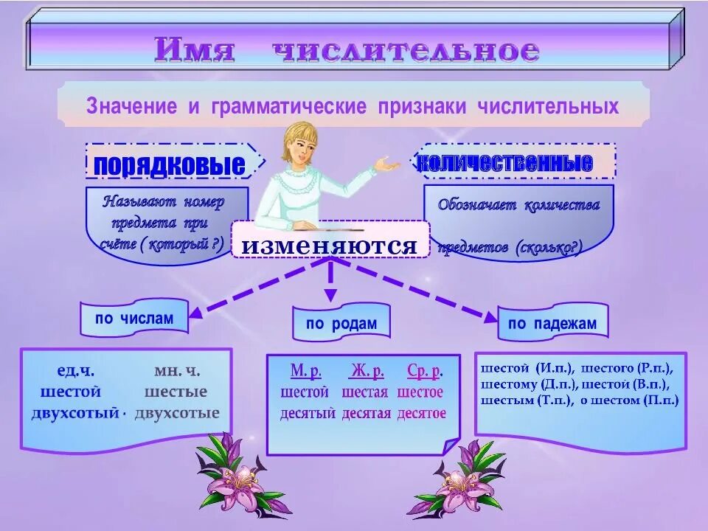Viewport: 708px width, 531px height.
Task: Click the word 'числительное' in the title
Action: click(406, 51)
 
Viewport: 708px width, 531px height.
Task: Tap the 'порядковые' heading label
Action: click(169, 164)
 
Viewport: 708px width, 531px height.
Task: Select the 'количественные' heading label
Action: click(505, 162)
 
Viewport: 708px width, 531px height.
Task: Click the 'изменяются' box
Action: click(330, 245)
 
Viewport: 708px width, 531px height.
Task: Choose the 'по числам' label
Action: click(134, 319)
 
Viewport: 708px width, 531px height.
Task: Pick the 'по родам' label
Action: click(341, 323)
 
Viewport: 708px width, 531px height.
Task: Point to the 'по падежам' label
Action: click(552, 323)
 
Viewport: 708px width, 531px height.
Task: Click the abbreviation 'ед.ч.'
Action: click(75, 371)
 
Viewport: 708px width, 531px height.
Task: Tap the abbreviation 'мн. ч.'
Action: click(177, 371)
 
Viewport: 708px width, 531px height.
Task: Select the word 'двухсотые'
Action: click(176, 413)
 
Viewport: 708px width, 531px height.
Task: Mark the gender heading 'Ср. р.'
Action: click(424, 370)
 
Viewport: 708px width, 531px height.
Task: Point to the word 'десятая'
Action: click(367, 413)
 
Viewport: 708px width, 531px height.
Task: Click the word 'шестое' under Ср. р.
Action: click(420, 392)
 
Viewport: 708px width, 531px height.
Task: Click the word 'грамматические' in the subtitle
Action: click(288, 106)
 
